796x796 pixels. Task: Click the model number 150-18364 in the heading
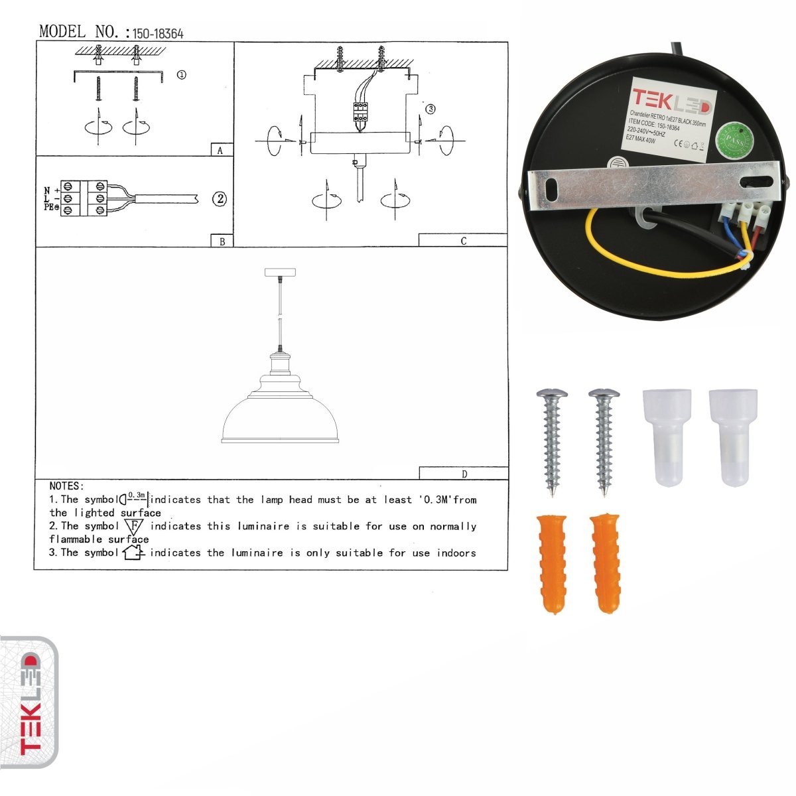(158, 33)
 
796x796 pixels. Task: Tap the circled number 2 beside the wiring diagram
(220, 198)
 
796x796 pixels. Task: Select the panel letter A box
(221, 151)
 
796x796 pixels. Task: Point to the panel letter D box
(464, 474)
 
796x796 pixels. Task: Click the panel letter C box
(463, 241)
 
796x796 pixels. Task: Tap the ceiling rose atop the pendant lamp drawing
(279, 273)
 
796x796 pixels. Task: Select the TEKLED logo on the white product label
(671, 103)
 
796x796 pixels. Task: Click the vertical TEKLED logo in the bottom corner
(29, 702)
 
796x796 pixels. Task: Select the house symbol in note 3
(133, 552)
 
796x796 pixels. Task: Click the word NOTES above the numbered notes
(66, 486)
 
